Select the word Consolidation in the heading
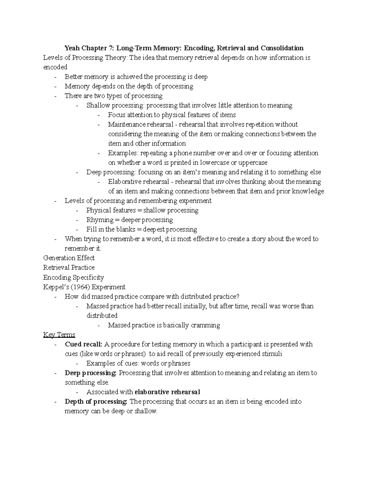[282, 48]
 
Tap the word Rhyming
[100, 220]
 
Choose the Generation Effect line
[69, 258]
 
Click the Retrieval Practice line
[69, 268]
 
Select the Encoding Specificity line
[73, 277]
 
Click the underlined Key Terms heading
[59, 335]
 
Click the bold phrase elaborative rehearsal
[167, 392]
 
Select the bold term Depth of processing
[96, 401]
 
